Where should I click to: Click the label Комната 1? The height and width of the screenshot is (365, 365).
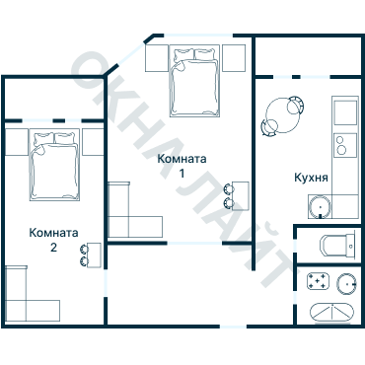point(182,166)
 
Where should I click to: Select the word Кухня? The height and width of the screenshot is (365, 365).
point(311,178)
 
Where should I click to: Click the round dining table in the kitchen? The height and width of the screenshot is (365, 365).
point(283,115)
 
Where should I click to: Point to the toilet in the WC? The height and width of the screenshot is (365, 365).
point(337,246)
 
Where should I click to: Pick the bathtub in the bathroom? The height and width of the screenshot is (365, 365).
point(332,313)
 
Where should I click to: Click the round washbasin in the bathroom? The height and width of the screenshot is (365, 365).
point(346,284)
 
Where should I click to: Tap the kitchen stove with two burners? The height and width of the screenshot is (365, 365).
point(345,144)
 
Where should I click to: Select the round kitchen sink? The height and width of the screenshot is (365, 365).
point(319,207)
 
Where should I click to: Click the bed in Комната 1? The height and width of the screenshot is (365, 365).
point(194,81)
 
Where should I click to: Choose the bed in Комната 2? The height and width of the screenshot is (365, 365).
point(54,165)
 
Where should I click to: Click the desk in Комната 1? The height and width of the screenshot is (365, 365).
point(241,195)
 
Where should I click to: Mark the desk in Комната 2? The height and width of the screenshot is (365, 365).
point(94,255)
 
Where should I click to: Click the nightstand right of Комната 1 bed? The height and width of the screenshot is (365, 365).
point(234,58)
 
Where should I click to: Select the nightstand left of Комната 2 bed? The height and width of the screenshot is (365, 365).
point(17,142)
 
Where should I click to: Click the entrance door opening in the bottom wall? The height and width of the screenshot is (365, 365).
point(233,327)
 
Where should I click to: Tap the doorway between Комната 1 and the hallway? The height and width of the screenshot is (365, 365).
point(194,244)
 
